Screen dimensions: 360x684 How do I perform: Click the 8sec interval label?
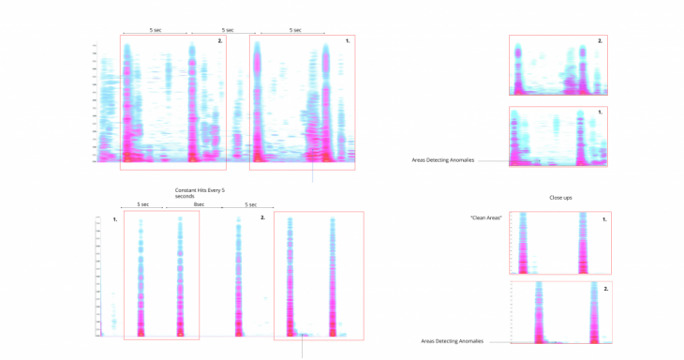(199, 204)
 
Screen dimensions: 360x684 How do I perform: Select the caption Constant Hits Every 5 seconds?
(200, 193)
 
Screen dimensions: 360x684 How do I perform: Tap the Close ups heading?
(560, 198)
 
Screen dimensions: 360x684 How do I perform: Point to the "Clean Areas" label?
(486, 217)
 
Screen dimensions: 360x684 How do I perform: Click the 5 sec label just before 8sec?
(142, 204)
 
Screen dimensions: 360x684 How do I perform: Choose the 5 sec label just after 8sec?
(251, 204)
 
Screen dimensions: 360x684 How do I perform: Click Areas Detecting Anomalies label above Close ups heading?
(443, 160)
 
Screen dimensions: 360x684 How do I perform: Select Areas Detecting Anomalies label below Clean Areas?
(452, 341)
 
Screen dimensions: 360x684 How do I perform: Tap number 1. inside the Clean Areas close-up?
(604, 219)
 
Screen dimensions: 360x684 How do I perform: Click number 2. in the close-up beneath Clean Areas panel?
(605, 289)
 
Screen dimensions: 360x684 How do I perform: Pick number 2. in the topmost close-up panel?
(600, 41)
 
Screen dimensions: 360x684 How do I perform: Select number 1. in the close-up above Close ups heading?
(600, 112)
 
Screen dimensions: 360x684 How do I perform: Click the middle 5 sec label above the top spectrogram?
(228, 30)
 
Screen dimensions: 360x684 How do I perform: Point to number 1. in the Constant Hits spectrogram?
(114, 219)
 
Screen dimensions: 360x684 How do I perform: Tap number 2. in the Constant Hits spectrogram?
(262, 217)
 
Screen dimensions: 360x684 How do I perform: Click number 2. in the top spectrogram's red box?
(220, 41)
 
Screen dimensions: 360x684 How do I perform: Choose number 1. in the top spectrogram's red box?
(348, 41)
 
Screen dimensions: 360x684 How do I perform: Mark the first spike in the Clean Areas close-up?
(523, 244)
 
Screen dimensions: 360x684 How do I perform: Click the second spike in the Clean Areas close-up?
(583, 244)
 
